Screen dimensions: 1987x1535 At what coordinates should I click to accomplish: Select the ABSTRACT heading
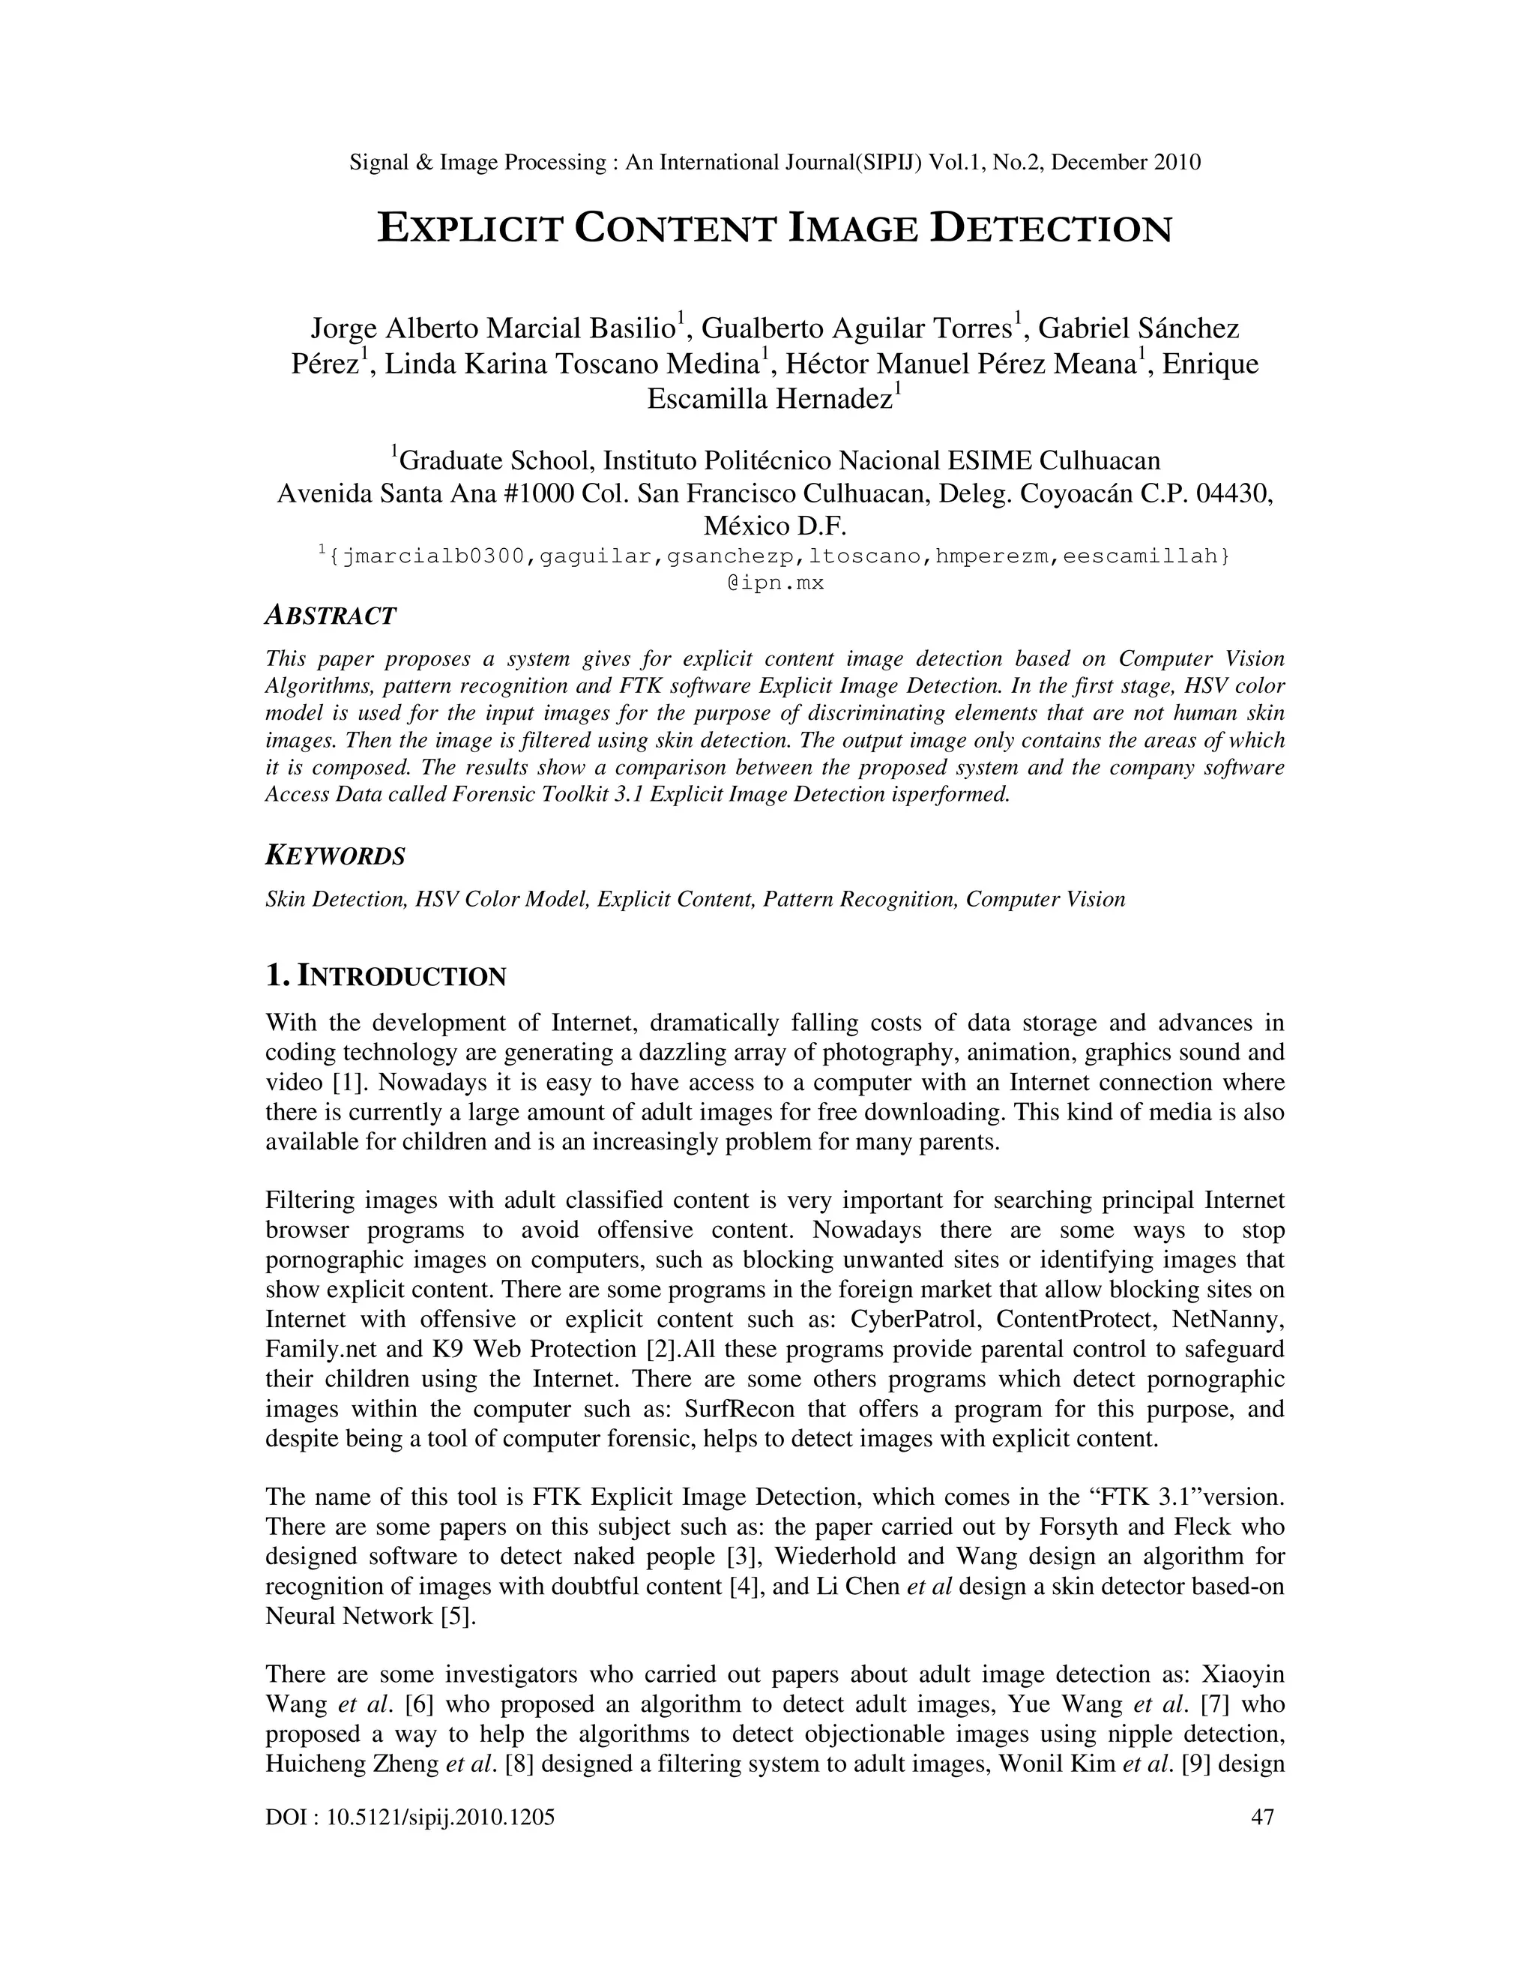click(x=330, y=616)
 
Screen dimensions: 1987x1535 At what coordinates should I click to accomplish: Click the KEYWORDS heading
click(x=334, y=856)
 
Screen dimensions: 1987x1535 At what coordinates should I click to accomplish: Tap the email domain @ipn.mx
click(x=775, y=583)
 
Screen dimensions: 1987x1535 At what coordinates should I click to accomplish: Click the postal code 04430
click(x=1233, y=493)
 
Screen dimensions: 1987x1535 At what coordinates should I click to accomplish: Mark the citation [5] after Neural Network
click(x=458, y=1617)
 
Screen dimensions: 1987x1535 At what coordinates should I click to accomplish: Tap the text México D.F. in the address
click(x=775, y=526)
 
